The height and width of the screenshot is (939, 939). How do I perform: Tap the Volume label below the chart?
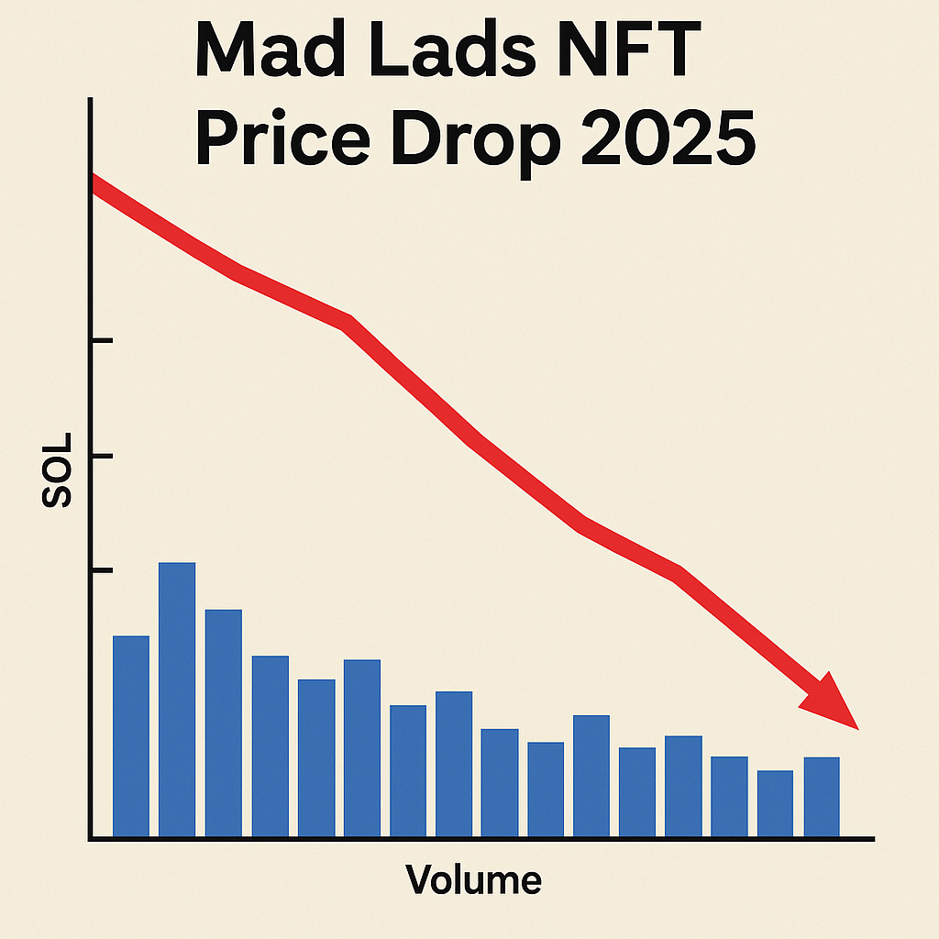pos(473,880)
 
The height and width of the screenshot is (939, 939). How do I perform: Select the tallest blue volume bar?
pos(177,699)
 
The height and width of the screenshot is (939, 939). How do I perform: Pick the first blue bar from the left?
pos(131,735)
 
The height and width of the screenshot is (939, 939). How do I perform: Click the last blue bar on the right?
pos(822,796)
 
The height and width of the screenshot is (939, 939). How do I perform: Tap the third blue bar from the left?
pos(224,723)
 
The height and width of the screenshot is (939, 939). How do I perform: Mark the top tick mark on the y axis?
pos(101,341)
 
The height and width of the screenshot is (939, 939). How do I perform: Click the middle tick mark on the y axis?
pos(101,456)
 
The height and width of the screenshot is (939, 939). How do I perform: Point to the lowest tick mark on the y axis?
pos(101,570)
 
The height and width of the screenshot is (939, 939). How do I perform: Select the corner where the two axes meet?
pos(91,838)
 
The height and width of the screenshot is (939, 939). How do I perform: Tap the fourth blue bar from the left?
pos(271,746)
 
